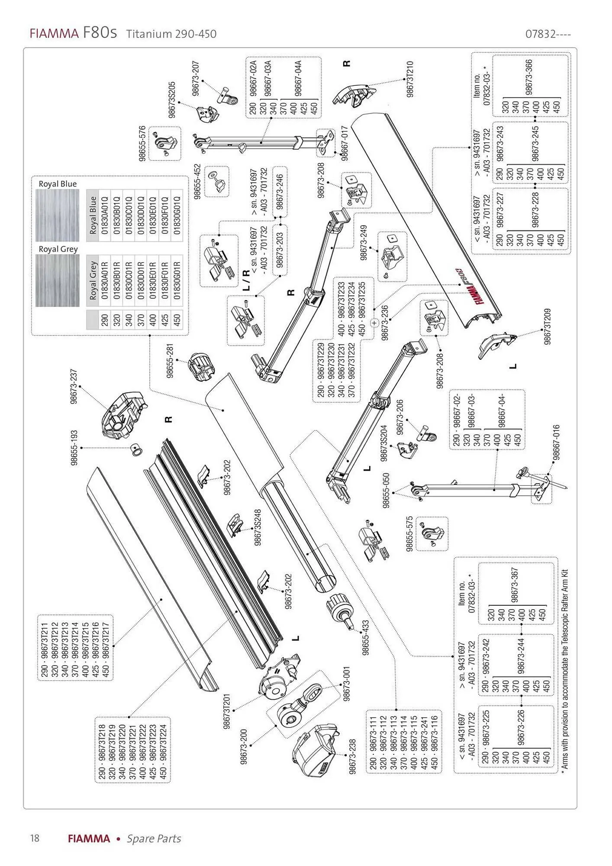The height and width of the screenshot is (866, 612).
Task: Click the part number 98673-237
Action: pos(74,387)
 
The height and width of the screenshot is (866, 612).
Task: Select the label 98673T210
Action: pos(410,79)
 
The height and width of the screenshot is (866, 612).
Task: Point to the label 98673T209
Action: pos(548,326)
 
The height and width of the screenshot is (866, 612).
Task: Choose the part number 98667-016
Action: pos(557,443)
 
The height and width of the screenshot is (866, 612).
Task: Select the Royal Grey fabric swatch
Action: pos(57,281)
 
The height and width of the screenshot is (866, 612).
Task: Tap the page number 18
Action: pos(34,838)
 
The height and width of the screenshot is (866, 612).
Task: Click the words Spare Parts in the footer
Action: pos(154,838)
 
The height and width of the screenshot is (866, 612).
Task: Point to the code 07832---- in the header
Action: pos(548,34)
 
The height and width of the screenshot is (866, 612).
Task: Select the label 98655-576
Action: pos(142,144)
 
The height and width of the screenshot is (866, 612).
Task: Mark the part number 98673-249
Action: pos(364,242)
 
